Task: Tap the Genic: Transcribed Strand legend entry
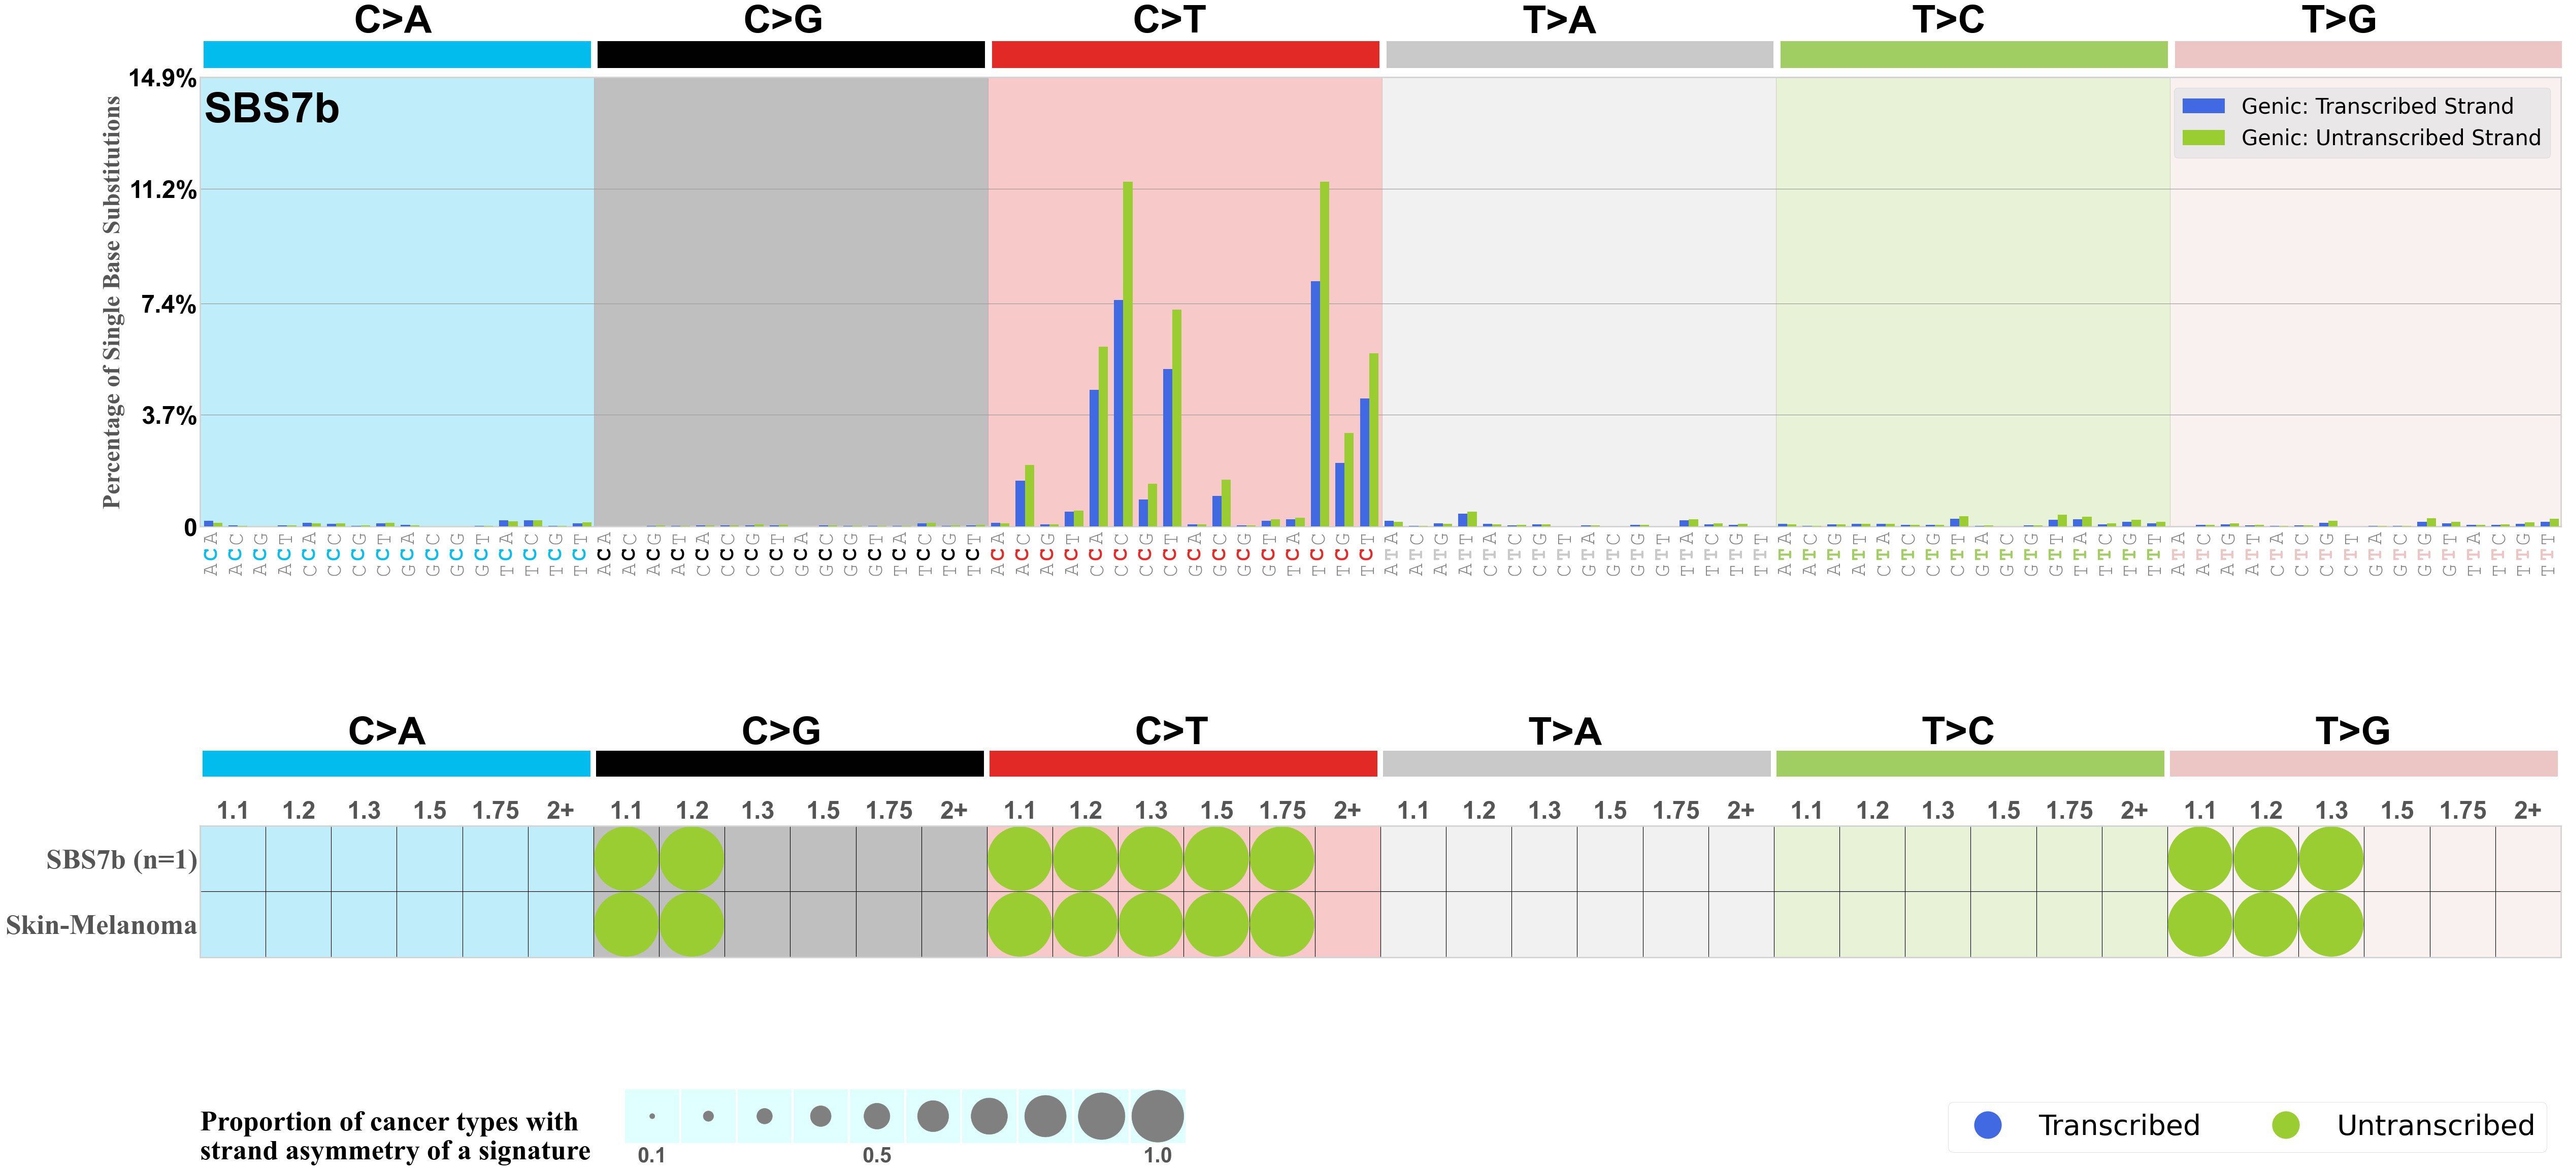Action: pos(2377,106)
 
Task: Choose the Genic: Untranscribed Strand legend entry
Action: pos(2390,138)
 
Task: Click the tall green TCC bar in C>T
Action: pos(1324,354)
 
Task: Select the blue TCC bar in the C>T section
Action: pos(1315,404)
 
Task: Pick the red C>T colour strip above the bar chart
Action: pos(1185,55)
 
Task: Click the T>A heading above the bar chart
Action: pos(1560,20)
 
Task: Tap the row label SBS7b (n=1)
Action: pos(121,859)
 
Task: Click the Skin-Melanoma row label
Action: pos(101,925)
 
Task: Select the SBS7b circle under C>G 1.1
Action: pos(626,859)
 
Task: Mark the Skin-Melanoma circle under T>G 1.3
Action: pos(2331,925)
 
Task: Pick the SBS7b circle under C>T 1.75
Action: pos(1281,859)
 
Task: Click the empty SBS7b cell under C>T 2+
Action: pos(1347,859)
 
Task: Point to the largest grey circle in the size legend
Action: pos(1157,1115)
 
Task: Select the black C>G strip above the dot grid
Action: pos(789,763)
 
